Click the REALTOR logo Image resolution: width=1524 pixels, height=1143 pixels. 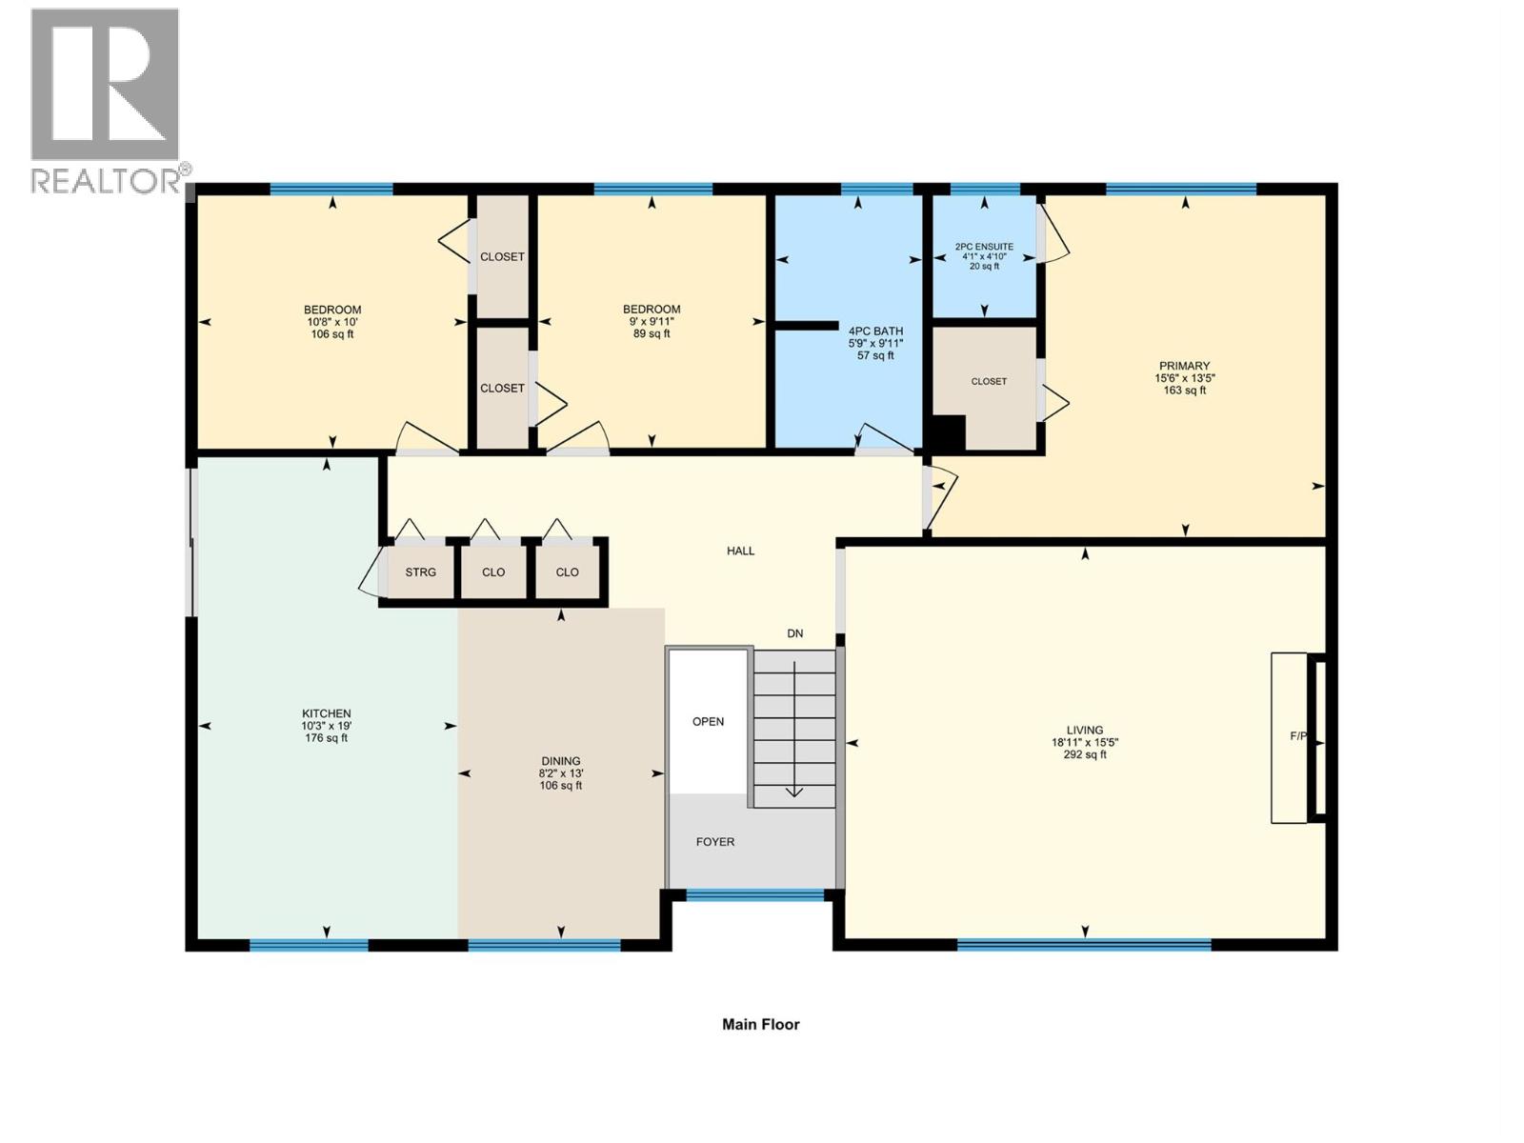click(x=106, y=100)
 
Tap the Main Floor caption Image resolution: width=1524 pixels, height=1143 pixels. click(x=760, y=1025)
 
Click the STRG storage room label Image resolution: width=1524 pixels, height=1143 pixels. click(x=420, y=572)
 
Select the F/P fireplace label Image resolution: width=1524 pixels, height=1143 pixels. click(x=1298, y=736)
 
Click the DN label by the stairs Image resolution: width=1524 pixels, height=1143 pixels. click(x=794, y=633)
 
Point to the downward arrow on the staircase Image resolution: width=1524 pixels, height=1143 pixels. click(x=793, y=791)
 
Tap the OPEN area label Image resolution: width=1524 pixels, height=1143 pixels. click(x=708, y=721)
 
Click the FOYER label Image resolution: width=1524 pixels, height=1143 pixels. click(x=714, y=842)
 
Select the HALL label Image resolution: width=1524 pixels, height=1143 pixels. click(x=740, y=551)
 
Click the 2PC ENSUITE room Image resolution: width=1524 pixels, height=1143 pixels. click(x=984, y=255)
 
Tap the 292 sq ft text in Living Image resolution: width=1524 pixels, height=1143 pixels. click(x=1085, y=754)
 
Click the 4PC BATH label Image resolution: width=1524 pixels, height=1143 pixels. click(x=875, y=331)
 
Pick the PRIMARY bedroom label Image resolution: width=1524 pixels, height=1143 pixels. click(x=1184, y=366)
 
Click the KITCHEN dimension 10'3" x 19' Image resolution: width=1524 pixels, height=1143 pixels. click(x=326, y=726)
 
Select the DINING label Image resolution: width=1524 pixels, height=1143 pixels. click(x=560, y=761)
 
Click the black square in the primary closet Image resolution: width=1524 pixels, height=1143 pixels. click(x=948, y=433)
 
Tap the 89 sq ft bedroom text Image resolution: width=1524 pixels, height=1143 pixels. click(x=652, y=333)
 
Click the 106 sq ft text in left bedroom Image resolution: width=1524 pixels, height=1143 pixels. click(x=332, y=334)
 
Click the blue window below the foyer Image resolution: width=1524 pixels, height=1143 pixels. click(x=754, y=894)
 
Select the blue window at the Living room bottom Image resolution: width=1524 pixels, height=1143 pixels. click(x=1084, y=945)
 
